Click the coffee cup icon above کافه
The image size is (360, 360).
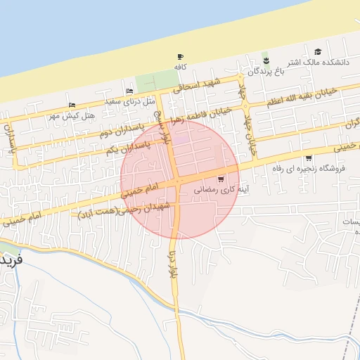click(180, 57)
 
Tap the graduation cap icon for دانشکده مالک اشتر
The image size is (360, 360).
click(319, 51)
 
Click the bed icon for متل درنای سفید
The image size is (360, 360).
click(129, 91)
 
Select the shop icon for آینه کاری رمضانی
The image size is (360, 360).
click(222, 179)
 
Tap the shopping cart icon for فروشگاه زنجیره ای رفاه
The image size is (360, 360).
click(308, 157)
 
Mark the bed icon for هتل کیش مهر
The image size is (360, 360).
click(72, 105)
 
